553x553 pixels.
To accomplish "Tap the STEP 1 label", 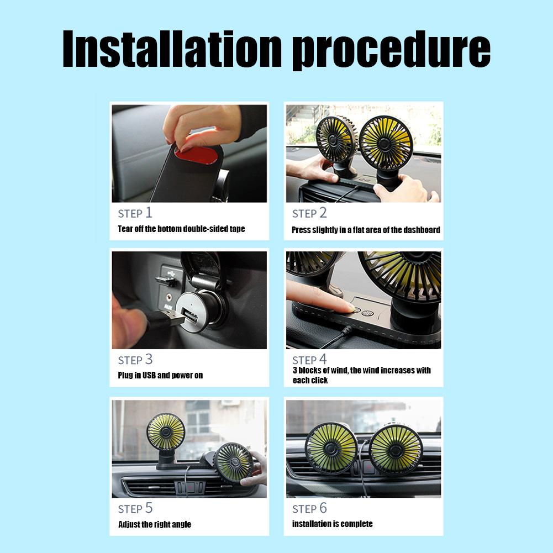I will coord(135,213).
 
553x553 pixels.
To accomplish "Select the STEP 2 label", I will coord(309,213).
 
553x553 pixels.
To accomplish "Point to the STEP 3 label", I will coord(135,360).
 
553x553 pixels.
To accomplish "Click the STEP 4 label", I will coord(309,360).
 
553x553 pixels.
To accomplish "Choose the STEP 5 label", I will coord(135,508).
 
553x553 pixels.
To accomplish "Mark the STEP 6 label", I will coord(309,508).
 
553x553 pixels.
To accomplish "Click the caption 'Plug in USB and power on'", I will coord(160,375).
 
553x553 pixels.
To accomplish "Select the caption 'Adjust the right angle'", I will coord(155,524).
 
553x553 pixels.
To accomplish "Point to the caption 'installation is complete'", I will coord(332,524).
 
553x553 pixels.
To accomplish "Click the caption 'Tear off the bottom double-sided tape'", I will coord(181,229).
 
